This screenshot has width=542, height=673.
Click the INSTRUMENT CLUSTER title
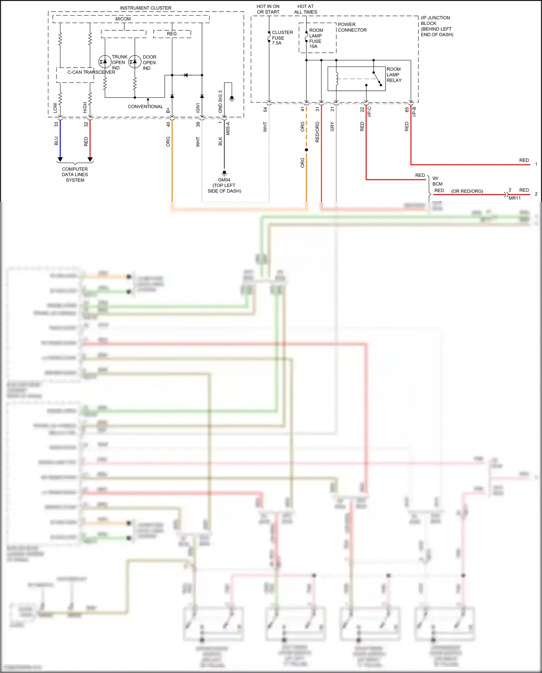[x=146, y=8]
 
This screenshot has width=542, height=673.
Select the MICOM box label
[x=123, y=19]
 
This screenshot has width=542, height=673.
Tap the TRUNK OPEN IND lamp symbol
[x=105, y=62]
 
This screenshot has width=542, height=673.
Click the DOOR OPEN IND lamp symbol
[x=135, y=62]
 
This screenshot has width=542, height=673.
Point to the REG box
[x=172, y=34]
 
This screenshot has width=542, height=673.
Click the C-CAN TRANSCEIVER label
[x=91, y=72]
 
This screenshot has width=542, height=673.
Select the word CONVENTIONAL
[x=145, y=106]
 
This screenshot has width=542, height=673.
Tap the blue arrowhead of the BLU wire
[x=60, y=159]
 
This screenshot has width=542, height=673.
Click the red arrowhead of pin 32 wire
[x=90, y=159]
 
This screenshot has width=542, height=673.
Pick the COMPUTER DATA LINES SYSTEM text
[x=75, y=174]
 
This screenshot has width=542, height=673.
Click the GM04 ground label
[x=224, y=180]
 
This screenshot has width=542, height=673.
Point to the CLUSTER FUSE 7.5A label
[x=282, y=38]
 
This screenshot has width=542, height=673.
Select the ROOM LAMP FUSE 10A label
[x=315, y=38]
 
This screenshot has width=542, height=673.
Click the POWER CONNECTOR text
[x=352, y=27]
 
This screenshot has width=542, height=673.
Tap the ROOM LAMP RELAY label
[x=394, y=74]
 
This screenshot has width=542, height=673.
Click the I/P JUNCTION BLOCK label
[x=436, y=26]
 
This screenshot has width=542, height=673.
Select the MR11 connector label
[x=515, y=198]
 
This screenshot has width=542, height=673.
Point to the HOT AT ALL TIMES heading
[x=305, y=9]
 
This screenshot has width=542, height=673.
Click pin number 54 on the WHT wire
[x=265, y=109]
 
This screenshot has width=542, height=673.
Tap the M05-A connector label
[x=228, y=128]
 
